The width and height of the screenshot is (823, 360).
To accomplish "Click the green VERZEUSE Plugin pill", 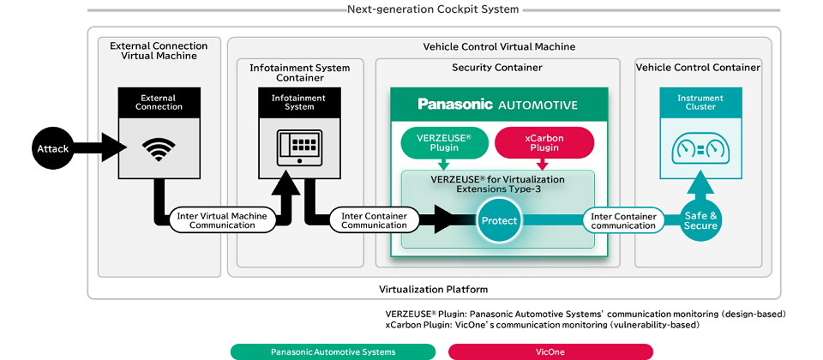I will click(x=442, y=141).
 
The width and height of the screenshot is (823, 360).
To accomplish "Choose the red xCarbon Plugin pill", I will click(x=544, y=141).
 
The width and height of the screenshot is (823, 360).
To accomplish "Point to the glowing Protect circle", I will click(x=499, y=220).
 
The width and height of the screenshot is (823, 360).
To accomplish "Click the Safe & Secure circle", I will click(x=700, y=220).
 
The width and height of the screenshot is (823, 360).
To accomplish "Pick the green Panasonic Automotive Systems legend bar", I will click(x=333, y=351).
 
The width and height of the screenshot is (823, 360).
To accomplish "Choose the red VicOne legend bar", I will click(x=550, y=351).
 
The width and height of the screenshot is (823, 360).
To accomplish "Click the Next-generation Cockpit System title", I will click(x=433, y=9).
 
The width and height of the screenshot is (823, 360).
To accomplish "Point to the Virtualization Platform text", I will click(x=433, y=289).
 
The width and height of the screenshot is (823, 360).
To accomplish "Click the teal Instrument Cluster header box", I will click(x=700, y=102).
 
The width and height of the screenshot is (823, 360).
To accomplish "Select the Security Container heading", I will click(x=496, y=67).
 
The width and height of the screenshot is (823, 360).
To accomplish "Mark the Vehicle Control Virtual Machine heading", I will click(x=499, y=46).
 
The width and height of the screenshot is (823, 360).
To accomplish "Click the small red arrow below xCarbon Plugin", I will click(x=544, y=163).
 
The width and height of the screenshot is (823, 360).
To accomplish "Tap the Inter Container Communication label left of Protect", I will click(x=374, y=220).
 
